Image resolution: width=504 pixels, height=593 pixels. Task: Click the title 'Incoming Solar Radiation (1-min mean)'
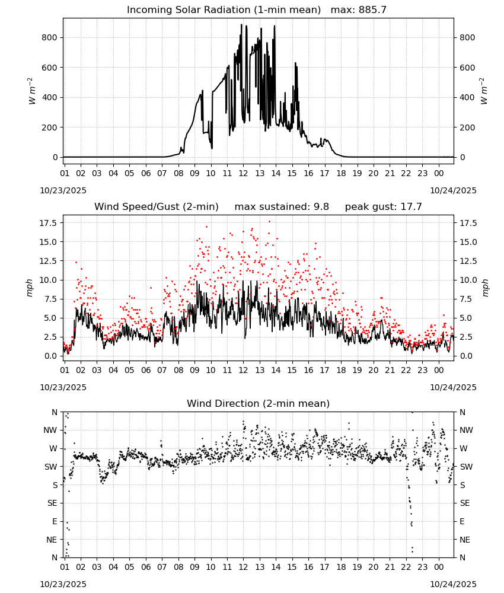(x=224, y=10)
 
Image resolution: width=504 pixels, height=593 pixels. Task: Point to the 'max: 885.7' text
(x=359, y=10)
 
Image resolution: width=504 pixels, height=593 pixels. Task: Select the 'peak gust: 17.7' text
(x=384, y=207)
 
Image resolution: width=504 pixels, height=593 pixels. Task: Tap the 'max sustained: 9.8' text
(x=282, y=207)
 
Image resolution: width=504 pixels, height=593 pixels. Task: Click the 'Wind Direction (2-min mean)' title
(x=259, y=403)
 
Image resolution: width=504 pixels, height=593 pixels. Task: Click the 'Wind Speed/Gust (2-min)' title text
(x=157, y=207)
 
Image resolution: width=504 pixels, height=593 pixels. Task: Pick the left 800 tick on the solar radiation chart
(x=50, y=37)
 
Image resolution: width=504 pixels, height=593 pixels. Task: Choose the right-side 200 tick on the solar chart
(x=467, y=127)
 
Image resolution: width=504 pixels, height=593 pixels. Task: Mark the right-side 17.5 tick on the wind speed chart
(x=468, y=223)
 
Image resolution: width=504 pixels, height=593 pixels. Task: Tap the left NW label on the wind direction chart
(x=50, y=431)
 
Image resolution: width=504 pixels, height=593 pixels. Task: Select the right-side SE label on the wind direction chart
(x=465, y=503)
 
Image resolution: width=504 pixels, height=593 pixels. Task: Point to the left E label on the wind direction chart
(x=55, y=521)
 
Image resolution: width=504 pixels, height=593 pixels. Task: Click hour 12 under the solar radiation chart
(x=243, y=173)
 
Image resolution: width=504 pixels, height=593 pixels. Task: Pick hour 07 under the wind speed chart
(x=162, y=370)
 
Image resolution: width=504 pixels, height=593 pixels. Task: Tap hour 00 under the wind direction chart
(x=439, y=567)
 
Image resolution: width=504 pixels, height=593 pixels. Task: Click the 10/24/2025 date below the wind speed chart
(x=454, y=387)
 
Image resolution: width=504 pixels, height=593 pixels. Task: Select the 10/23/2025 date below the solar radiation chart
(x=63, y=190)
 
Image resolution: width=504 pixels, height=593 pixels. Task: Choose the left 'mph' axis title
(x=30, y=288)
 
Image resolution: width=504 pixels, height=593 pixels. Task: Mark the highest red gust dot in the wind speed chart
(x=270, y=222)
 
